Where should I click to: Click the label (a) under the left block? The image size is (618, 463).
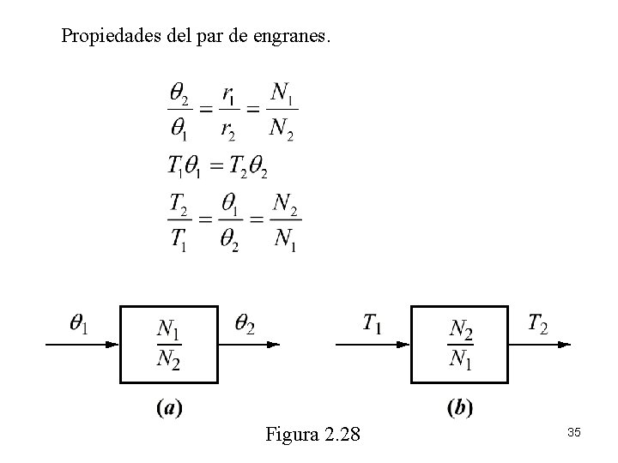tap(169, 408)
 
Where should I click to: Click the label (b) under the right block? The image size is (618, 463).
tap(460, 408)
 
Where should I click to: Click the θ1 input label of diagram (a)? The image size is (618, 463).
tap(81, 324)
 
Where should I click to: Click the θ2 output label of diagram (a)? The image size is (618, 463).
tap(245, 324)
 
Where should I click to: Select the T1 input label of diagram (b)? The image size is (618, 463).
tap(373, 323)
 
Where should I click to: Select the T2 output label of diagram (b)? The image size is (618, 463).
tap(538, 323)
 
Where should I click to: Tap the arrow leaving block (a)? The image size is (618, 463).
tap(249, 345)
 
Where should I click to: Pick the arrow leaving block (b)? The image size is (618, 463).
tap(540, 345)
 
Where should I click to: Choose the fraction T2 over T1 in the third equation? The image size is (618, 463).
tap(179, 222)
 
